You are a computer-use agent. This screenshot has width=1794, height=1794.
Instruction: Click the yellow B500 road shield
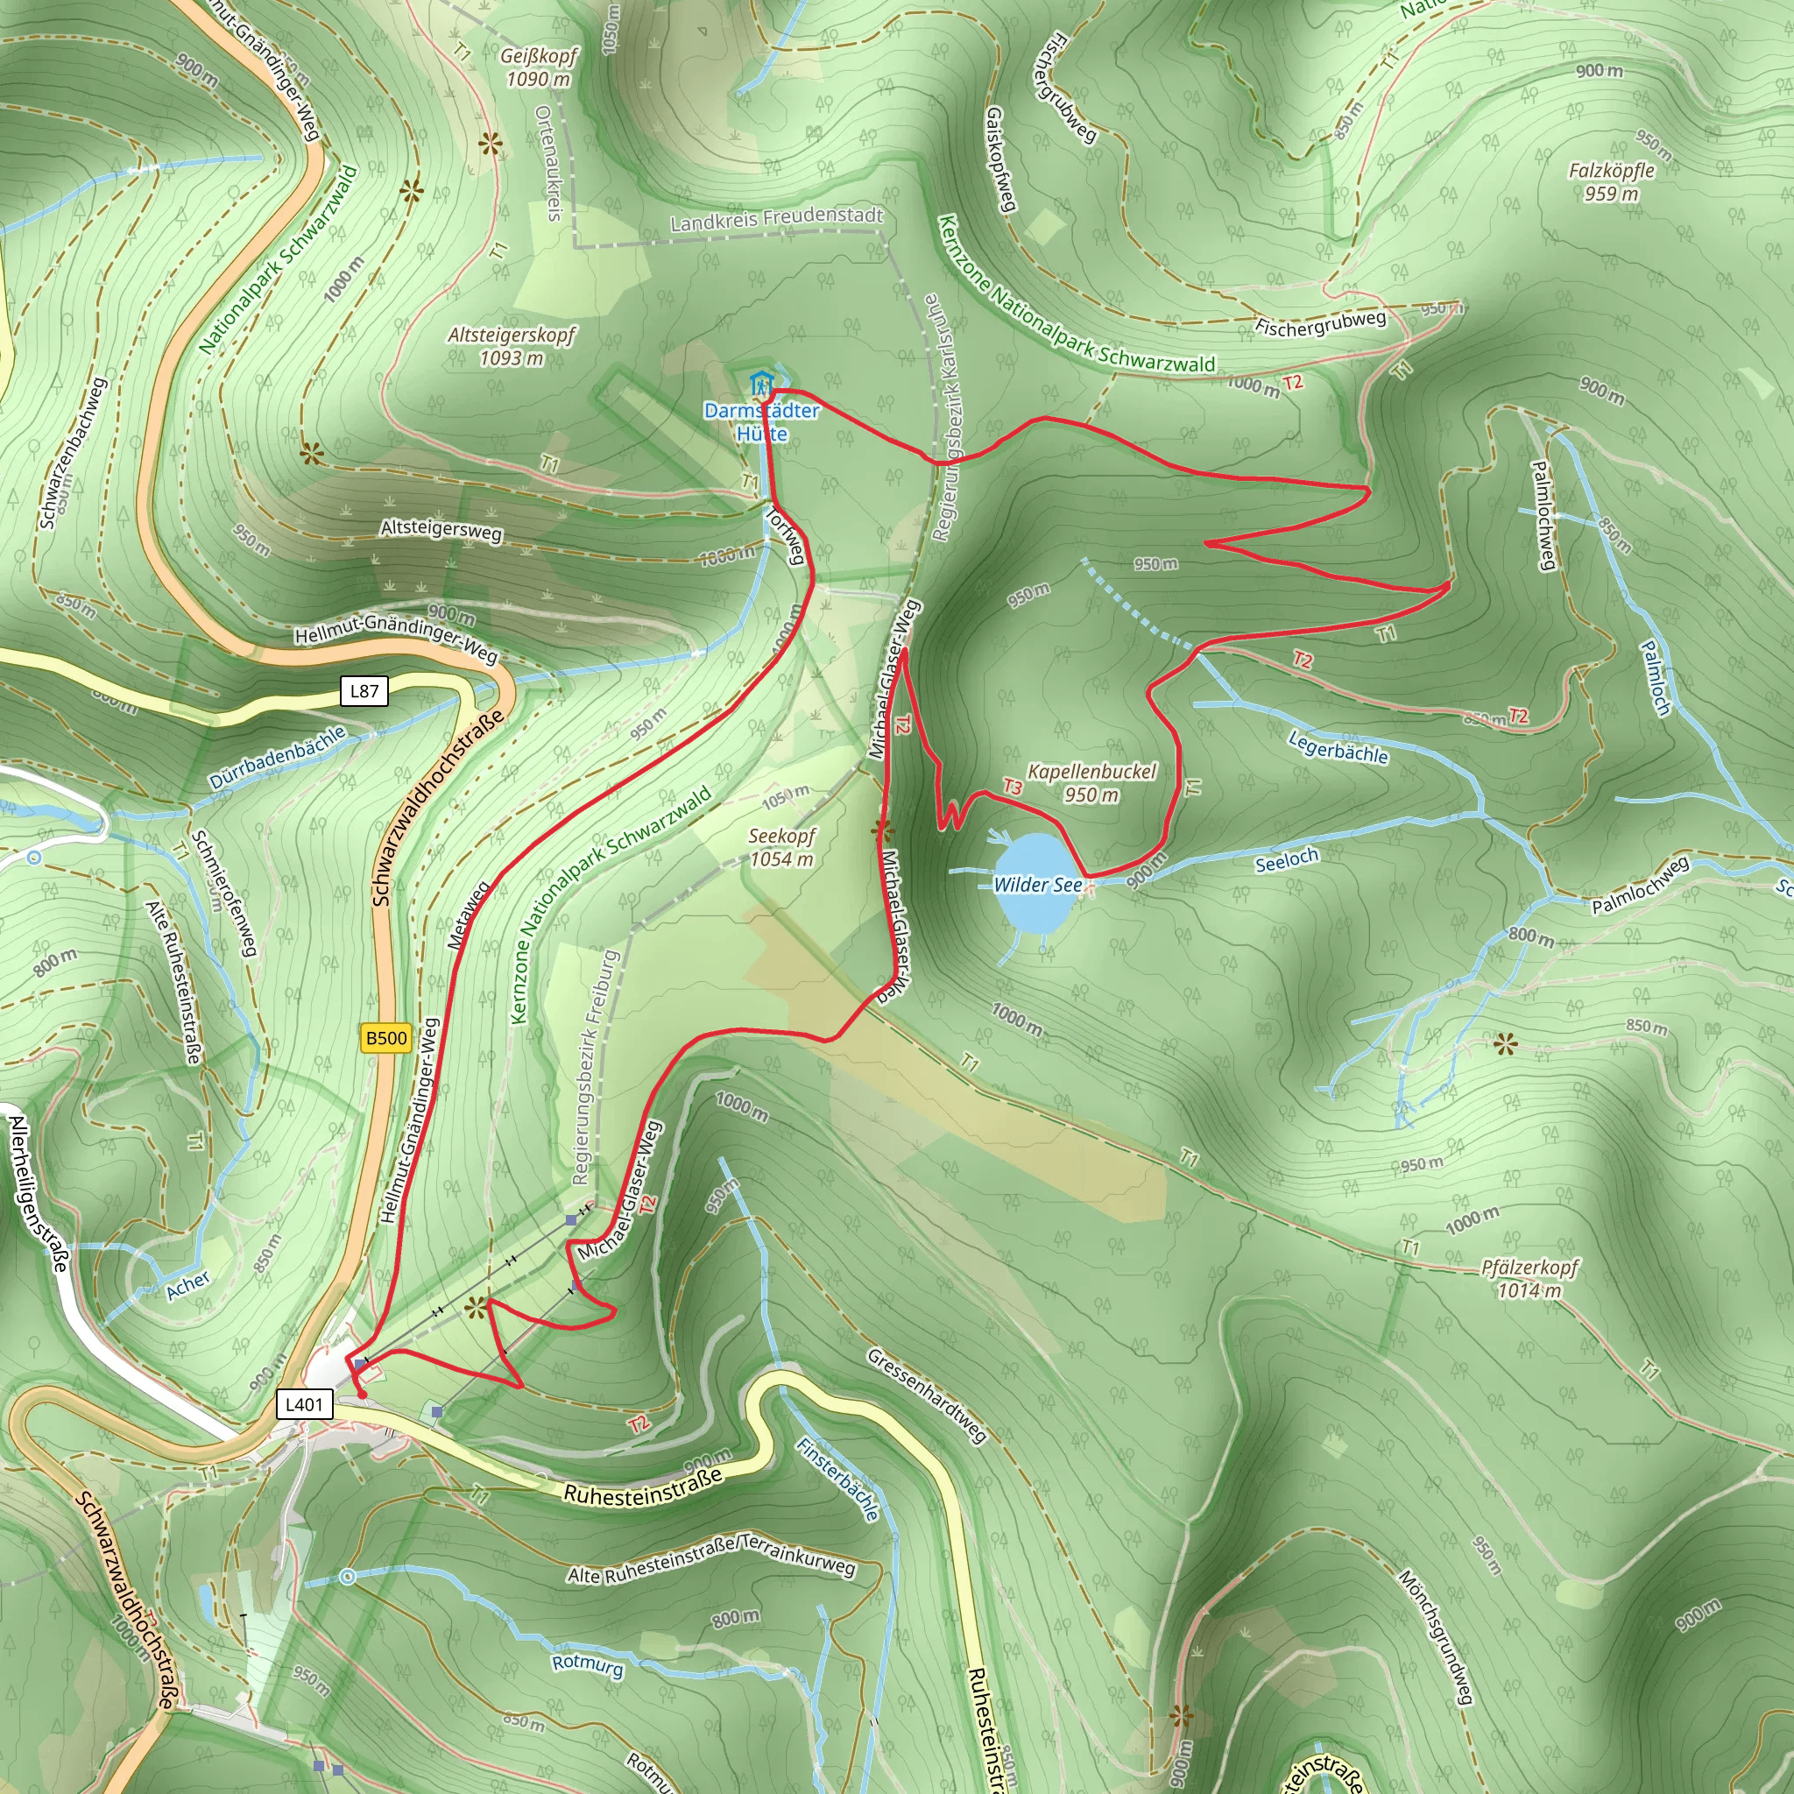click(x=386, y=1038)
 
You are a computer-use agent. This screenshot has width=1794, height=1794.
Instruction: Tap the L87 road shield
click(x=364, y=691)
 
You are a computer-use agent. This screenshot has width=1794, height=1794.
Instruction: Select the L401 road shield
click(x=304, y=1405)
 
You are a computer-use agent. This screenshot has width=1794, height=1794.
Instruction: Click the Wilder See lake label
click(x=1037, y=885)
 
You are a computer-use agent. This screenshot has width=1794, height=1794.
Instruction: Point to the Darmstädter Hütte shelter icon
click(x=760, y=383)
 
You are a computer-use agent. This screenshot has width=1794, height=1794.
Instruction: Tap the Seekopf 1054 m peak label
click(x=782, y=847)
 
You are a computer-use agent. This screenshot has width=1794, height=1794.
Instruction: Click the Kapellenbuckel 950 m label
click(x=1092, y=783)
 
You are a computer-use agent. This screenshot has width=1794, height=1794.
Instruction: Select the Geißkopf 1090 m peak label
click(x=539, y=67)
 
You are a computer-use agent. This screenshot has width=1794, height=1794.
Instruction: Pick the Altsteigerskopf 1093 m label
click(x=512, y=345)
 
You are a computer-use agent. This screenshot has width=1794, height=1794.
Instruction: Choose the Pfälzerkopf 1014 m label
click(x=1529, y=1278)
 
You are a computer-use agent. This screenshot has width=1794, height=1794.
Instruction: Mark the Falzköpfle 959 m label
click(x=1611, y=182)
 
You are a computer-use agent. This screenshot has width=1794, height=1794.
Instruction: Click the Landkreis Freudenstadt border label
click(x=776, y=219)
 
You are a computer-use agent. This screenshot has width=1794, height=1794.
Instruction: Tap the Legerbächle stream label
click(x=1337, y=746)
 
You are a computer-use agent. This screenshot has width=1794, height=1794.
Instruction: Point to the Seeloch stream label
click(x=1286, y=862)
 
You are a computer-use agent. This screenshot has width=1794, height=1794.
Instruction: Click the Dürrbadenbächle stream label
click(x=277, y=757)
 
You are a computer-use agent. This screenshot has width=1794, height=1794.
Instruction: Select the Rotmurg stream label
click(x=587, y=1664)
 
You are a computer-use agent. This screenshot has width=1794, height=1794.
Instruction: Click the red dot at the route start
click(x=361, y=1394)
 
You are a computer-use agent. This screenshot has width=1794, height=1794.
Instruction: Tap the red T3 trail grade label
click(x=1012, y=788)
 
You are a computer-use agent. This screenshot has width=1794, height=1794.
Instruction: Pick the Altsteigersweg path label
click(x=441, y=531)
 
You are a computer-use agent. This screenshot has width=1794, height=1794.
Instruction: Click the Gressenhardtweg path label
click(x=926, y=1395)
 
